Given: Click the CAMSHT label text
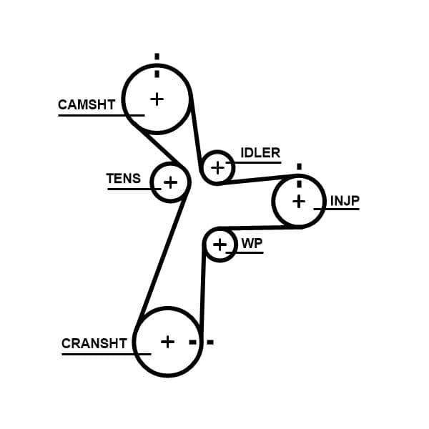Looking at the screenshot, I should click(86, 105).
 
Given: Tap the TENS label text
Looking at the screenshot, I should click(124, 179).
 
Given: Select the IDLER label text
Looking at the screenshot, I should click(260, 153).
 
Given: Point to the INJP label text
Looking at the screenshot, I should click(344, 201).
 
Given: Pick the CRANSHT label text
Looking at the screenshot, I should click(94, 343).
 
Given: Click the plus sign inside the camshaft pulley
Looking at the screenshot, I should click(157, 99).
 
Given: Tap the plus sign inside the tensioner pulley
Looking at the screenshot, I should click(170, 182).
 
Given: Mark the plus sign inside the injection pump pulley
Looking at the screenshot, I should click(299, 202).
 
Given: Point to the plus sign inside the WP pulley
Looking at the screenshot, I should click(220, 245).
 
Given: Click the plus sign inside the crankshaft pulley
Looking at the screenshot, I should click(167, 342).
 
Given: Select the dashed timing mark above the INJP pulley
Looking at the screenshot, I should click(299, 172).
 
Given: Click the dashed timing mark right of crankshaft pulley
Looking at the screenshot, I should click(201, 342).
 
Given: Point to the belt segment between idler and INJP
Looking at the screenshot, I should click(257, 179).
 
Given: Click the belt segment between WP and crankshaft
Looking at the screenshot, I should click(202, 293).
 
